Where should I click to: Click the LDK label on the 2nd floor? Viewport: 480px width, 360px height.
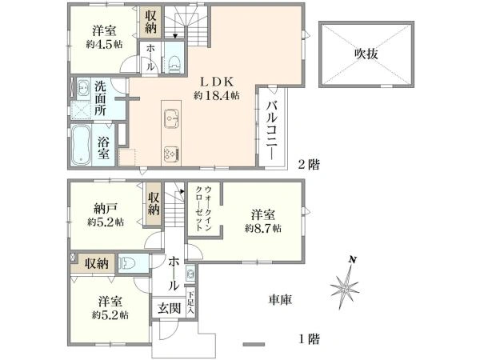coord(217,82)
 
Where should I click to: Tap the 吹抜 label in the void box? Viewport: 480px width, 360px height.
coord(366,54)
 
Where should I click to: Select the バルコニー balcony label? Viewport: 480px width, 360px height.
coord(272,130)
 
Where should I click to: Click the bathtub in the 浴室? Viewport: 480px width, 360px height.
coord(81,145)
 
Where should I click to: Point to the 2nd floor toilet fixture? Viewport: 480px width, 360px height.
coord(174,63)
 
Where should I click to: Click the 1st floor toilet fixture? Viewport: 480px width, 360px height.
coord(129,263)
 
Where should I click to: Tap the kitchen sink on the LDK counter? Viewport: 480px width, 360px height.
coord(171,118)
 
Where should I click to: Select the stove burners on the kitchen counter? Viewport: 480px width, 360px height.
coord(172,154)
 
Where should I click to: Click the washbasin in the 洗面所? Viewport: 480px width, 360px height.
coord(82,89)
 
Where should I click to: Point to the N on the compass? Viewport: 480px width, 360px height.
coord(353,260)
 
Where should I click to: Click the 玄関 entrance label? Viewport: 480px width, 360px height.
coord(169,309)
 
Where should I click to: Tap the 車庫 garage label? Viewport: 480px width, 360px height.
coord(280,300)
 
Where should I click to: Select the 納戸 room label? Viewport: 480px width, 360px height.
coord(105,209)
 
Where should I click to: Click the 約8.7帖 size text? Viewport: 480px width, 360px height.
coord(263,228)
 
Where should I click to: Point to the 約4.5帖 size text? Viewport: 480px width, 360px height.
coord(104,44)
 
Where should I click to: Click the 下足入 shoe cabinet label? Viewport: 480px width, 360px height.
coord(190,302)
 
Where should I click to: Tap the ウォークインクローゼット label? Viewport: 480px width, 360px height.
coord(203,208)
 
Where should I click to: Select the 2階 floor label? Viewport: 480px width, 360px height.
coord(309,165)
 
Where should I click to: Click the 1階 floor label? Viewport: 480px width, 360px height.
coord(309,339)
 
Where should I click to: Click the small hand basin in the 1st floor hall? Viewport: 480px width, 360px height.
coord(190,272)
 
